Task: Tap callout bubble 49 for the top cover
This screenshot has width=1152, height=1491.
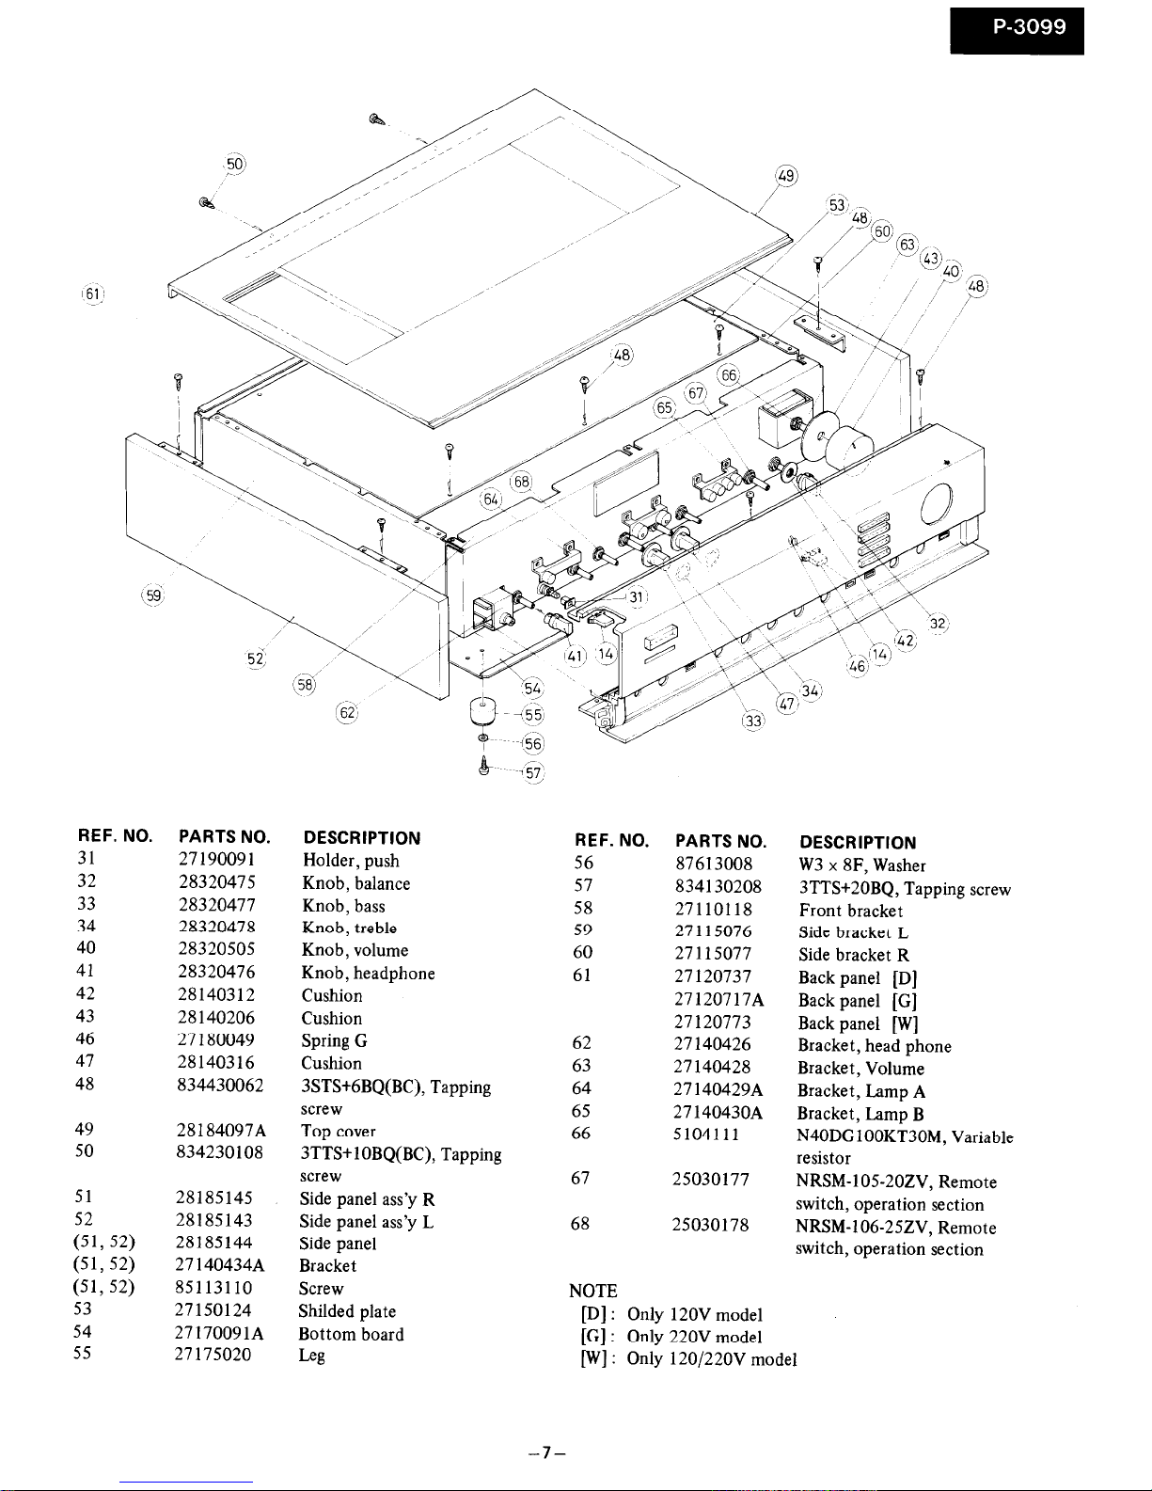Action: coord(786,176)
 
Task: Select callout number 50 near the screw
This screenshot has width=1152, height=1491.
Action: coord(235,164)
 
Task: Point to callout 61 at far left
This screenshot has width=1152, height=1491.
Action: coord(92,294)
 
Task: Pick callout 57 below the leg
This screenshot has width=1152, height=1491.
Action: coord(534,773)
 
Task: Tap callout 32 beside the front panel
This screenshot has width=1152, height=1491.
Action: coord(938,624)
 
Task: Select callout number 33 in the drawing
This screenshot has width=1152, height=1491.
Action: coord(753,721)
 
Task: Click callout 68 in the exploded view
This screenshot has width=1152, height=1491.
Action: coord(520,482)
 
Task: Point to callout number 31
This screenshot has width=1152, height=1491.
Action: coord(637,596)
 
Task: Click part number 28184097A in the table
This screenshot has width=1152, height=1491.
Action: coord(222,1131)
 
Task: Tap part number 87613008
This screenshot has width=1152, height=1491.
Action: coord(714,864)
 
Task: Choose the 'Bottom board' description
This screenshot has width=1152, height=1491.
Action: coord(351,1334)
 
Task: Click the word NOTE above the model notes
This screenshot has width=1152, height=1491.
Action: coord(593,1291)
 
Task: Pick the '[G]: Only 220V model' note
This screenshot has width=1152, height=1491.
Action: coord(671,1337)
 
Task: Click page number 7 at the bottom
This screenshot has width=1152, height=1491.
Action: coord(546,1451)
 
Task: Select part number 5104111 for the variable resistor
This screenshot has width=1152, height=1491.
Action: coord(706,1134)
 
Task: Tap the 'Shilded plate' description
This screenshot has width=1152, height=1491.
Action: coord(347,1311)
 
